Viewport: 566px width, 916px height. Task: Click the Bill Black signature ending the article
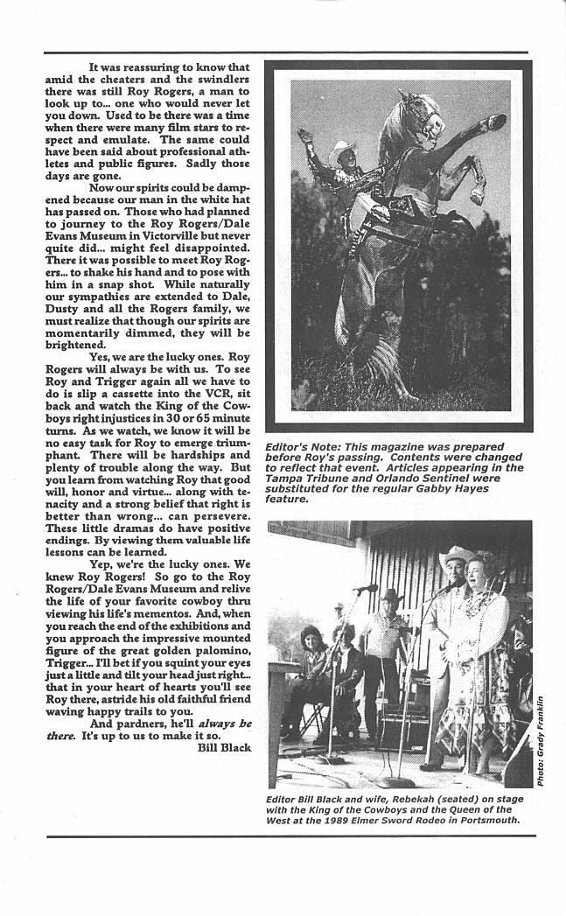(223, 747)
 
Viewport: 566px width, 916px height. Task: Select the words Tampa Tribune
(301, 479)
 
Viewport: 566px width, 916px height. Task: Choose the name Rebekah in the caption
(402, 800)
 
